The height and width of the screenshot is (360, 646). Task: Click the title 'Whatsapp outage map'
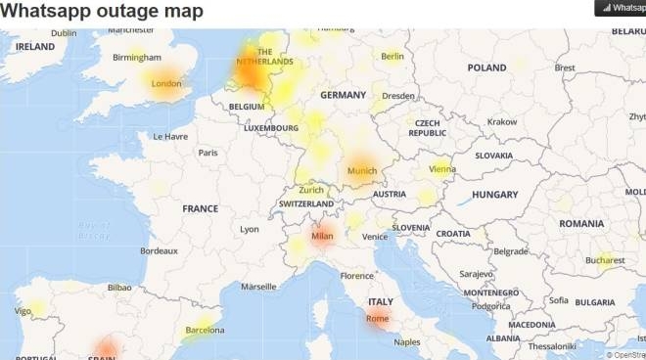click(102, 12)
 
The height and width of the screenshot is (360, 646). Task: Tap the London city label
click(166, 84)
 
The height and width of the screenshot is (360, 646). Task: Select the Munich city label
click(362, 171)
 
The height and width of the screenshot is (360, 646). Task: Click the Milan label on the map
click(322, 236)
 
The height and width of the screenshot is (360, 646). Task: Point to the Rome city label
click(377, 319)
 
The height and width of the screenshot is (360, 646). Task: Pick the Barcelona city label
click(205, 331)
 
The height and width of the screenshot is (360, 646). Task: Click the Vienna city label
click(442, 168)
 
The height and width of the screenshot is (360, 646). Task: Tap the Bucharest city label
click(605, 260)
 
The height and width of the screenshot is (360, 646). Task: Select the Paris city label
click(208, 153)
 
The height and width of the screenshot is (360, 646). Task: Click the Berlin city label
click(392, 57)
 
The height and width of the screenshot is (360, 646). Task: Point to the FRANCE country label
click(200, 208)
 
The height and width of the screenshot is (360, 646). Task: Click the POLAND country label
click(486, 67)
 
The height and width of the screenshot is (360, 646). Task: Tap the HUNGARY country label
click(494, 195)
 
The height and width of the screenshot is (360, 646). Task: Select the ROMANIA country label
click(581, 223)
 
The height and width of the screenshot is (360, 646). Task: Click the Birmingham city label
click(136, 57)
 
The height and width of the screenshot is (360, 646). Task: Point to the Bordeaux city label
click(159, 251)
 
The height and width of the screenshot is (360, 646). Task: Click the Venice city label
click(375, 237)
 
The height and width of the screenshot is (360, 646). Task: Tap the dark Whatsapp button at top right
click(621, 8)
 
